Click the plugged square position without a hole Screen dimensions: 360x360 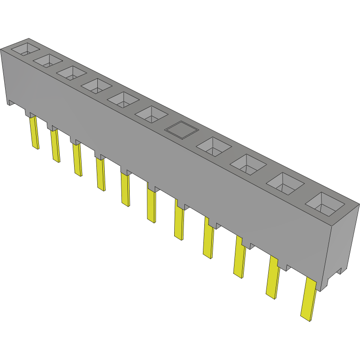(181, 130)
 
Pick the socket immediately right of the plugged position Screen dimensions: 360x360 (213, 147)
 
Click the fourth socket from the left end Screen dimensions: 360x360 (97, 86)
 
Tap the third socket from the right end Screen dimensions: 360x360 (248, 164)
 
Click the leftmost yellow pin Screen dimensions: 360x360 (34, 133)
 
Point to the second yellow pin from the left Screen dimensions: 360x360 (56, 146)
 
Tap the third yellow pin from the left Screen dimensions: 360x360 (77, 159)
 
